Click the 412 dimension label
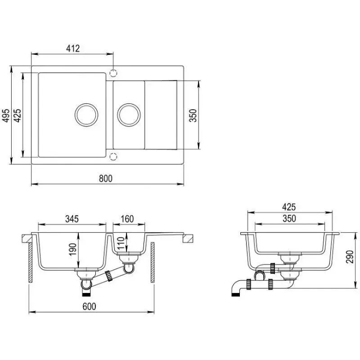coord(73,49)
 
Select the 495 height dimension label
coord(6,115)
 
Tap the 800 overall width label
coord(106,178)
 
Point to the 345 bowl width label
coord(72,219)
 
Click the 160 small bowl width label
coord(127,219)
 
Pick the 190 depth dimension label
coord(72,249)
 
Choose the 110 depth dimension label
coord(121,243)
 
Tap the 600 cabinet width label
coord(89,306)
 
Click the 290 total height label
coord(350,257)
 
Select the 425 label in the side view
coord(289,207)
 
